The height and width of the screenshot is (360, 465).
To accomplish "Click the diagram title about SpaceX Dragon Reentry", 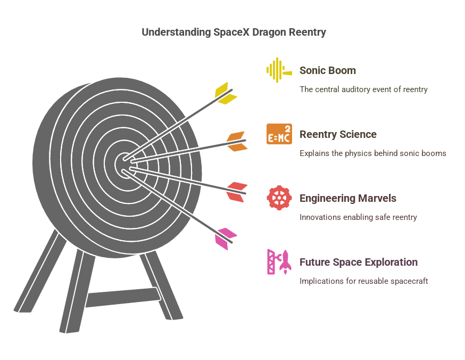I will (234, 32).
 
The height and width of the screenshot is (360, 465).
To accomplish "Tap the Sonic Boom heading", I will (327, 70).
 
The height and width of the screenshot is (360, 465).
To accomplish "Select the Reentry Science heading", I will (338, 134).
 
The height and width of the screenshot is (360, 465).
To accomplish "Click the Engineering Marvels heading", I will (347, 198).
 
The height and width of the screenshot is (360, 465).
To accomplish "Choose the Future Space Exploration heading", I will (358, 262).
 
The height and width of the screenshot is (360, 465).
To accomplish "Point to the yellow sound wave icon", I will (278, 70).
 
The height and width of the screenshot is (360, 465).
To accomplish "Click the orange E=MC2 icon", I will (279, 134).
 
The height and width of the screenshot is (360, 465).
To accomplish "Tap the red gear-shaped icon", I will (279, 198).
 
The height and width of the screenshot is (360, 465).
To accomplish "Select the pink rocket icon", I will (279, 262).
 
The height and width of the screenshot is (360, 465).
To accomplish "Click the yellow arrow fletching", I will (226, 93).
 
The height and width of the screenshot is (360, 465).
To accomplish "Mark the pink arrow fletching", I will (226, 239).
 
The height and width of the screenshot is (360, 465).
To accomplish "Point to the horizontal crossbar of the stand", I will (122, 297).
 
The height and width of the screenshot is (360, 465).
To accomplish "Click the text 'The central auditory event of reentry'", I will (363, 89).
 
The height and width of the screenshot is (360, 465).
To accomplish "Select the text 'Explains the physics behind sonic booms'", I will (372, 153).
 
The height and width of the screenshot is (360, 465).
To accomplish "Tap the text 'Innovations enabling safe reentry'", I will (358, 217).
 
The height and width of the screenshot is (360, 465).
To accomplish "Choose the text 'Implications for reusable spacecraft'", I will (363, 281).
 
